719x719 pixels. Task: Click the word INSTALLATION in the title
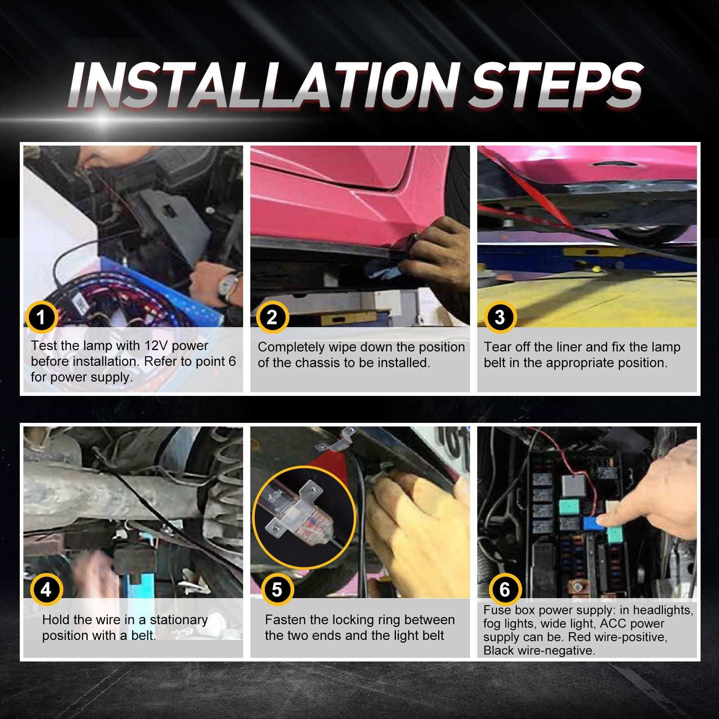tap(263, 85)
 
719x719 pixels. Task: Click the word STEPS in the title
tap(556, 85)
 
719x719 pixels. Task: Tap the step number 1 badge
tap(41, 317)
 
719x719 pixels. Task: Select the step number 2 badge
tap(272, 317)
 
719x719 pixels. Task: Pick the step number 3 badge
tap(500, 317)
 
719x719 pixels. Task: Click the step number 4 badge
tap(46, 590)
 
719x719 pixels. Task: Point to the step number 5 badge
tap(277, 590)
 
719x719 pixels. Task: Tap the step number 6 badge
tap(505, 590)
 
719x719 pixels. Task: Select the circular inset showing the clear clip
tap(304, 517)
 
